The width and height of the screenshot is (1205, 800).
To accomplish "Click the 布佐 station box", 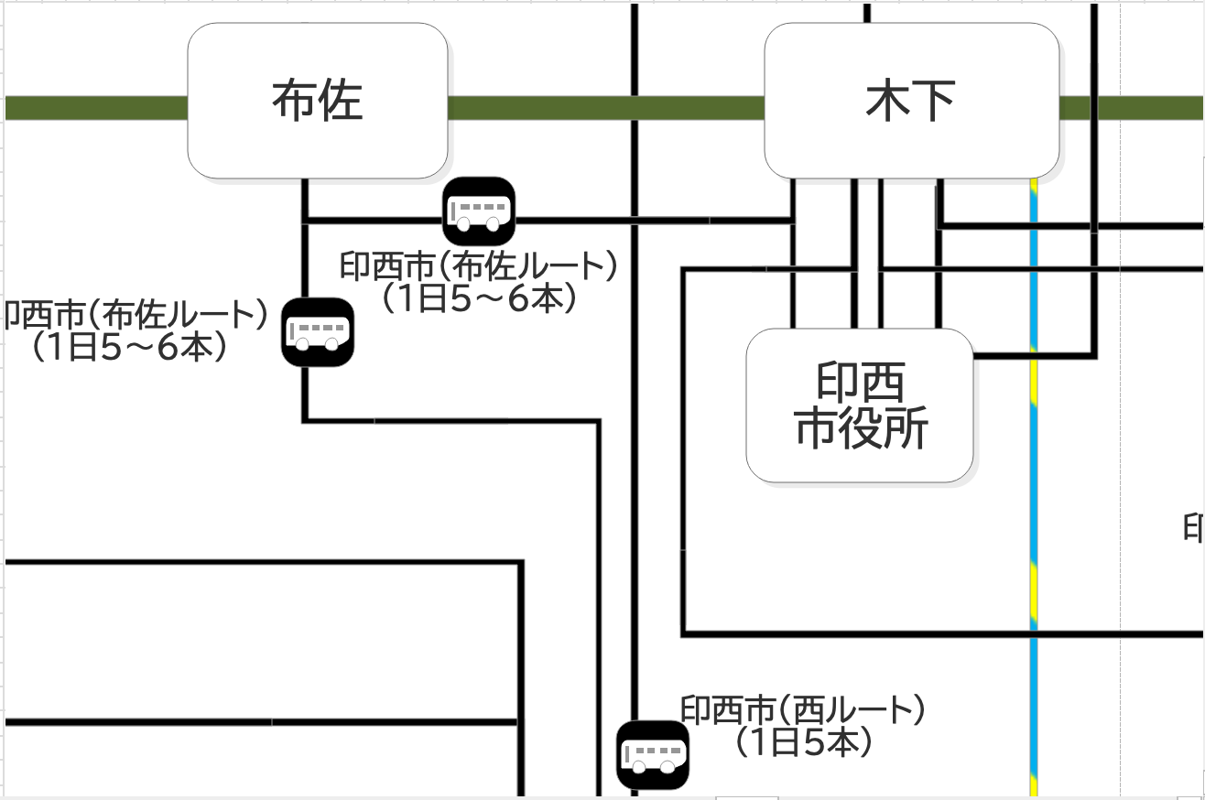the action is (x=317, y=101).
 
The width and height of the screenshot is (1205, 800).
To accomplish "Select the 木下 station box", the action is (x=911, y=101).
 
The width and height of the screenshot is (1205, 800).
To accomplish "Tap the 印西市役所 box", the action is (x=860, y=405).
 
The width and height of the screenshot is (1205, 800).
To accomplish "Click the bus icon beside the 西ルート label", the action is (x=652, y=755).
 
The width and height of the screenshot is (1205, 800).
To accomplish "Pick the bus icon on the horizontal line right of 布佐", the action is (x=479, y=211).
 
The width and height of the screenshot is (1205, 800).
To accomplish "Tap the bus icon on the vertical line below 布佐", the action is (x=317, y=332).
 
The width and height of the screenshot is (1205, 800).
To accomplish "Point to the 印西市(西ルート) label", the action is (x=803, y=710).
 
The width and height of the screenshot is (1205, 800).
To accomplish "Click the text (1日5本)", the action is (x=803, y=742).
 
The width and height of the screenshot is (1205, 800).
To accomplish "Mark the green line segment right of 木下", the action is (x=1132, y=108).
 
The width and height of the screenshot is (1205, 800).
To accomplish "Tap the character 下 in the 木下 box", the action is (x=935, y=101).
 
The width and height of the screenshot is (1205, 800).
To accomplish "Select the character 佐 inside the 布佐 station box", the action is (x=341, y=101).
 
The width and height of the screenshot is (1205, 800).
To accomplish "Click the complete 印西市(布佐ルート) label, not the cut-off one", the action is (x=478, y=266).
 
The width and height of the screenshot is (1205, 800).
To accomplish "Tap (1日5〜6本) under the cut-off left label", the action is (x=128, y=348).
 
